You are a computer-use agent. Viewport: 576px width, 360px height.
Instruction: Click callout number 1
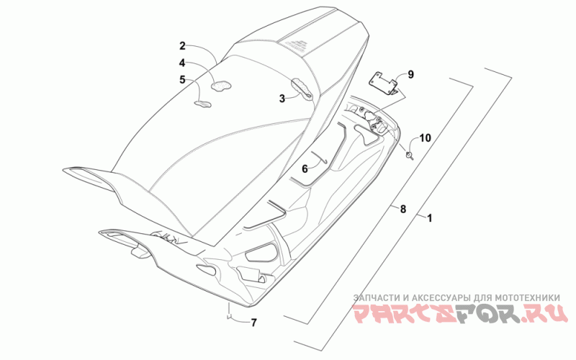pyautogui.click(x=430, y=217)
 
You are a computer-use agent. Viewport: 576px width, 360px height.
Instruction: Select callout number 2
pyautogui.click(x=183, y=46)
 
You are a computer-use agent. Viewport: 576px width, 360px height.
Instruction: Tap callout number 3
pyautogui.click(x=283, y=99)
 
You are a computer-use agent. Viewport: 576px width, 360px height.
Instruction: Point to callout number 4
pyautogui.click(x=183, y=63)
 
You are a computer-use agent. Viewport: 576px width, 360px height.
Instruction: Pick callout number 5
pyautogui.click(x=183, y=79)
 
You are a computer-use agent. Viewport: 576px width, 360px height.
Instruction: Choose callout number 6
pyautogui.click(x=305, y=168)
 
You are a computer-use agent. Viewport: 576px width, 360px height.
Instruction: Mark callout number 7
pyautogui.click(x=253, y=322)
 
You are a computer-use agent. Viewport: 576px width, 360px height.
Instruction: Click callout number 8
pyautogui.click(x=402, y=210)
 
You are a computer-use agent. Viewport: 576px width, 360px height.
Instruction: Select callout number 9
pyautogui.click(x=410, y=74)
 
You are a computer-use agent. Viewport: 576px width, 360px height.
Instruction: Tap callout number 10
pyautogui.click(x=425, y=138)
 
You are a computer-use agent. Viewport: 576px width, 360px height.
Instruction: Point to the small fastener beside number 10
pyautogui.click(x=410, y=153)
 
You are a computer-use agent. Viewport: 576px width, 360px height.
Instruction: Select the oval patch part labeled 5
pyautogui.click(x=203, y=103)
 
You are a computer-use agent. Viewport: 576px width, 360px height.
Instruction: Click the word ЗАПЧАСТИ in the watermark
pyautogui.click(x=374, y=297)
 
